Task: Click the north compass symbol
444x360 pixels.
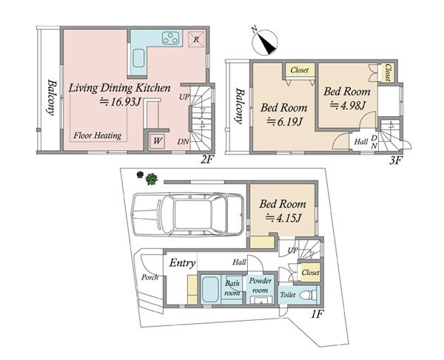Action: pyautogui.click(x=264, y=42)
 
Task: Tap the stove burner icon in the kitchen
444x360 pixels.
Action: pyautogui.click(x=170, y=38)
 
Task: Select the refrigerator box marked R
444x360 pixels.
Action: pyautogui.click(x=196, y=39)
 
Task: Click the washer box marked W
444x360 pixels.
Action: pyautogui.click(x=157, y=140)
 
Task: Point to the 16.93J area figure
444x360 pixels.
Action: pyautogui.click(x=120, y=102)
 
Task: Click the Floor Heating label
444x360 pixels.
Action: pyautogui.click(x=98, y=136)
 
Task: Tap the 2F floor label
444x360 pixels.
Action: pyautogui.click(x=206, y=160)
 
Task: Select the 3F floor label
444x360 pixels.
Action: pyautogui.click(x=395, y=160)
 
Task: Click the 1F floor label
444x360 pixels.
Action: pyautogui.click(x=317, y=314)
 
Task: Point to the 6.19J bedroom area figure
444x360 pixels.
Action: pyautogui.click(x=285, y=122)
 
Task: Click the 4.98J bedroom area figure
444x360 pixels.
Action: pyautogui.click(x=349, y=106)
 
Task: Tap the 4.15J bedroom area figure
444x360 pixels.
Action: pyautogui.click(x=283, y=218)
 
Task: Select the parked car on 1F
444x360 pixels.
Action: pyautogui.click(x=188, y=214)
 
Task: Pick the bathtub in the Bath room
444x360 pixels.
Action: pyautogui.click(x=210, y=289)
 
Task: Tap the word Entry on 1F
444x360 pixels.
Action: pyautogui.click(x=182, y=264)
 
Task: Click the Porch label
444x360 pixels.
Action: pyautogui.click(x=149, y=277)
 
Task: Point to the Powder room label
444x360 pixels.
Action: pyautogui.click(x=260, y=285)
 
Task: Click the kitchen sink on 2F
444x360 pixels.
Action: pyautogui.click(x=138, y=58)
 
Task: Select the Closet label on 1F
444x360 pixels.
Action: pyautogui.click(x=310, y=272)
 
